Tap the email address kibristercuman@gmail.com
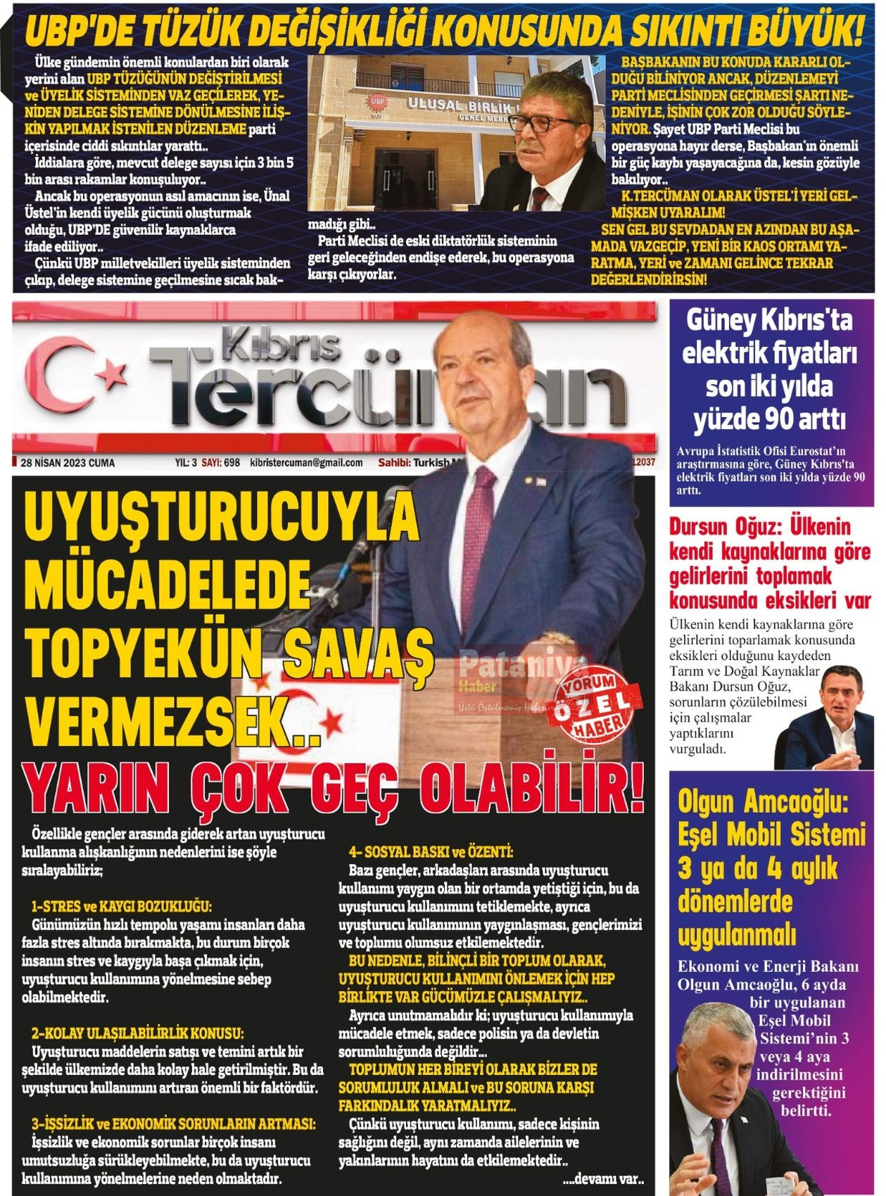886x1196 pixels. [x=306, y=463]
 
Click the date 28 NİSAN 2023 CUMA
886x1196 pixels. [x=68, y=463]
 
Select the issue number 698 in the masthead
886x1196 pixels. [x=232, y=463]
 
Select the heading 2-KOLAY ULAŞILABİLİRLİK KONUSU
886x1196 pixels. [x=137, y=1033]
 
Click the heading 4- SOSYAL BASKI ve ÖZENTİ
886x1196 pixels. [x=431, y=852]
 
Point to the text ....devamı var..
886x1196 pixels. [x=603, y=1178]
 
